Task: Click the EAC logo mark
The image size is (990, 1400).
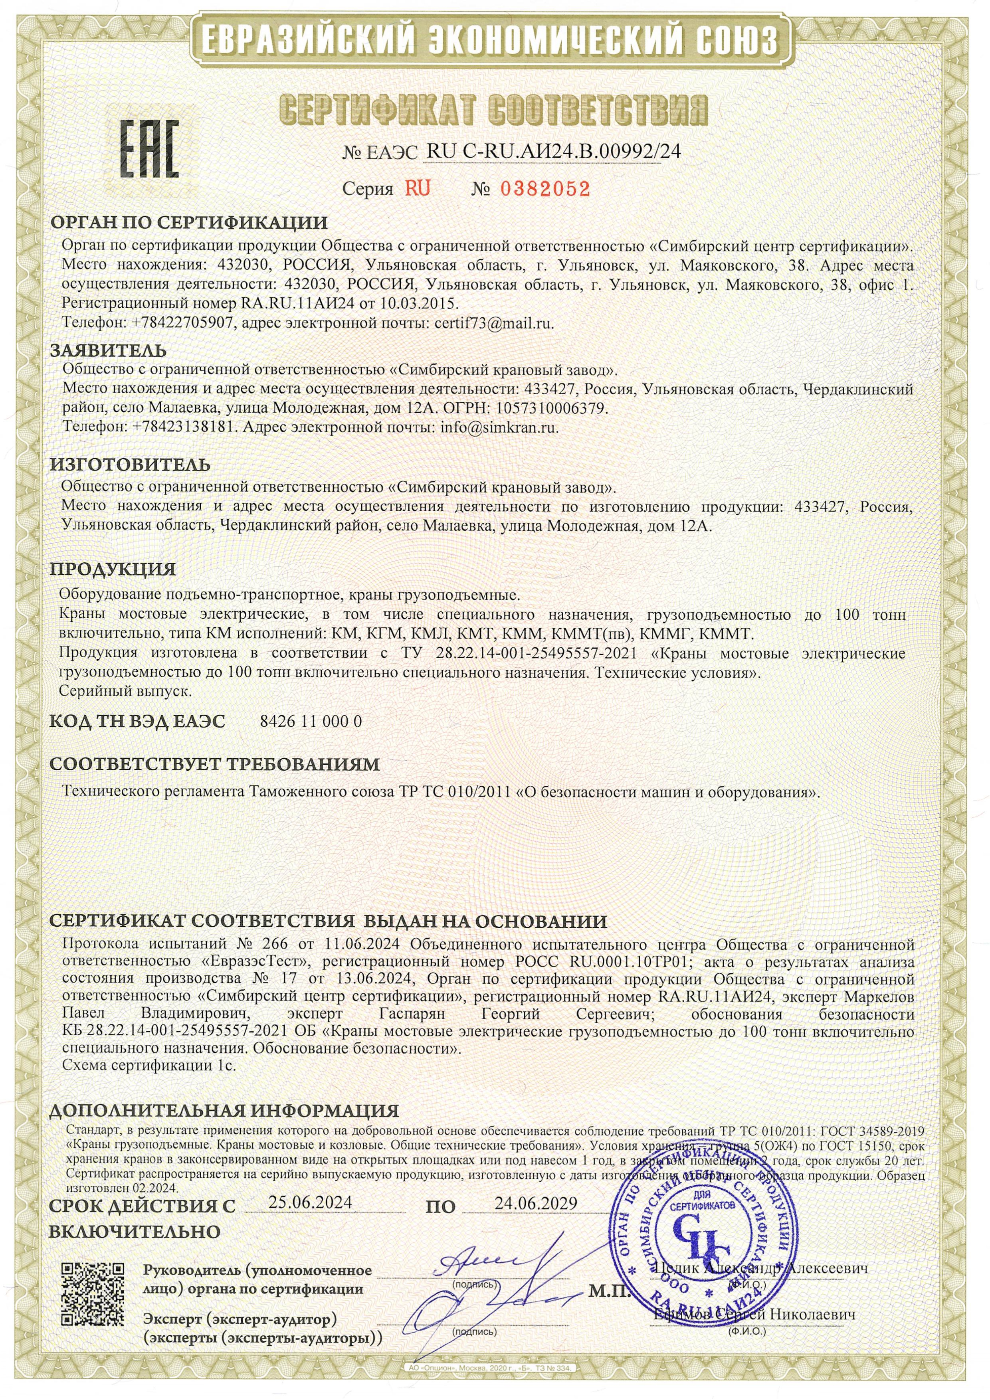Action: tap(149, 148)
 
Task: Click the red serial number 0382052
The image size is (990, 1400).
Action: tap(545, 189)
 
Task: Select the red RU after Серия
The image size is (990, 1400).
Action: tap(418, 188)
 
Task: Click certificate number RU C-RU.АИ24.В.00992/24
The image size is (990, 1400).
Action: tap(553, 151)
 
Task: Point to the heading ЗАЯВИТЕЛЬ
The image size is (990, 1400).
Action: tap(108, 351)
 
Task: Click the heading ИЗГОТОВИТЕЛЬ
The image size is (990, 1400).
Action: tap(130, 465)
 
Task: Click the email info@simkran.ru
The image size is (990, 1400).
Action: tap(499, 427)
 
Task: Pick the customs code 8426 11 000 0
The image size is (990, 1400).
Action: tap(311, 721)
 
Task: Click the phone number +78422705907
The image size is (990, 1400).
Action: tap(182, 324)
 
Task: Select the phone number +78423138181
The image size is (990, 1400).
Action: tap(183, 427)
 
